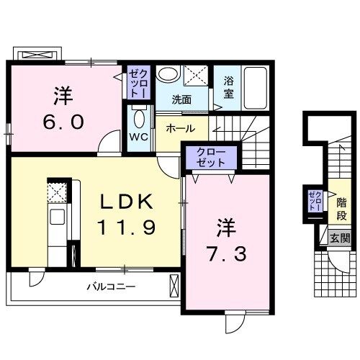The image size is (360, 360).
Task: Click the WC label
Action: click(139, 136)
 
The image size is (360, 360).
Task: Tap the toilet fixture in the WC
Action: click(139, 117)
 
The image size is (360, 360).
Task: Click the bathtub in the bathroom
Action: click(255, 87)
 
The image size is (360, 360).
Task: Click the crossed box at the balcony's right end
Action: click(174, 287)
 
